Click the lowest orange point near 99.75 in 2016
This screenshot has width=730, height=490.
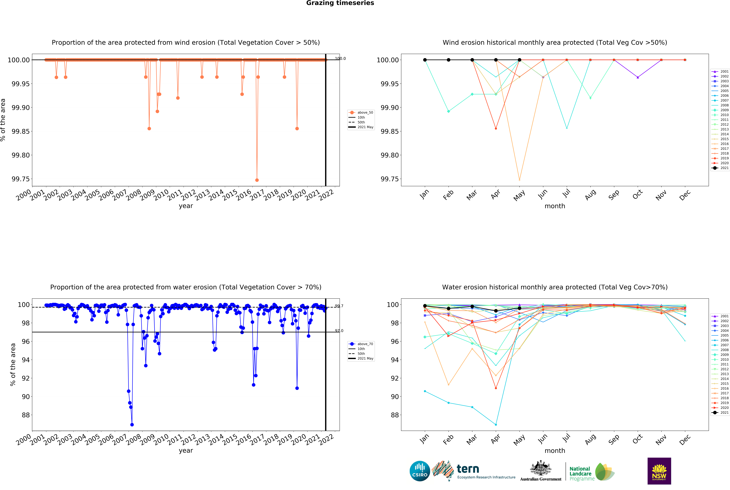[257, 180]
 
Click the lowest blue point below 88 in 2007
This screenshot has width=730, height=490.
[132, 425]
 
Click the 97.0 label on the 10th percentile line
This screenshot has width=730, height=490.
[339, 331]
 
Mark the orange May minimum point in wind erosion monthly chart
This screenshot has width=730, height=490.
[519, 180]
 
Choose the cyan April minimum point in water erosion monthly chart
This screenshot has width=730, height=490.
[496, 425]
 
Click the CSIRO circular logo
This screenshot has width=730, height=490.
[420, 471]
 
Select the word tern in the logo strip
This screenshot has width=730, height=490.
[468, 469]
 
